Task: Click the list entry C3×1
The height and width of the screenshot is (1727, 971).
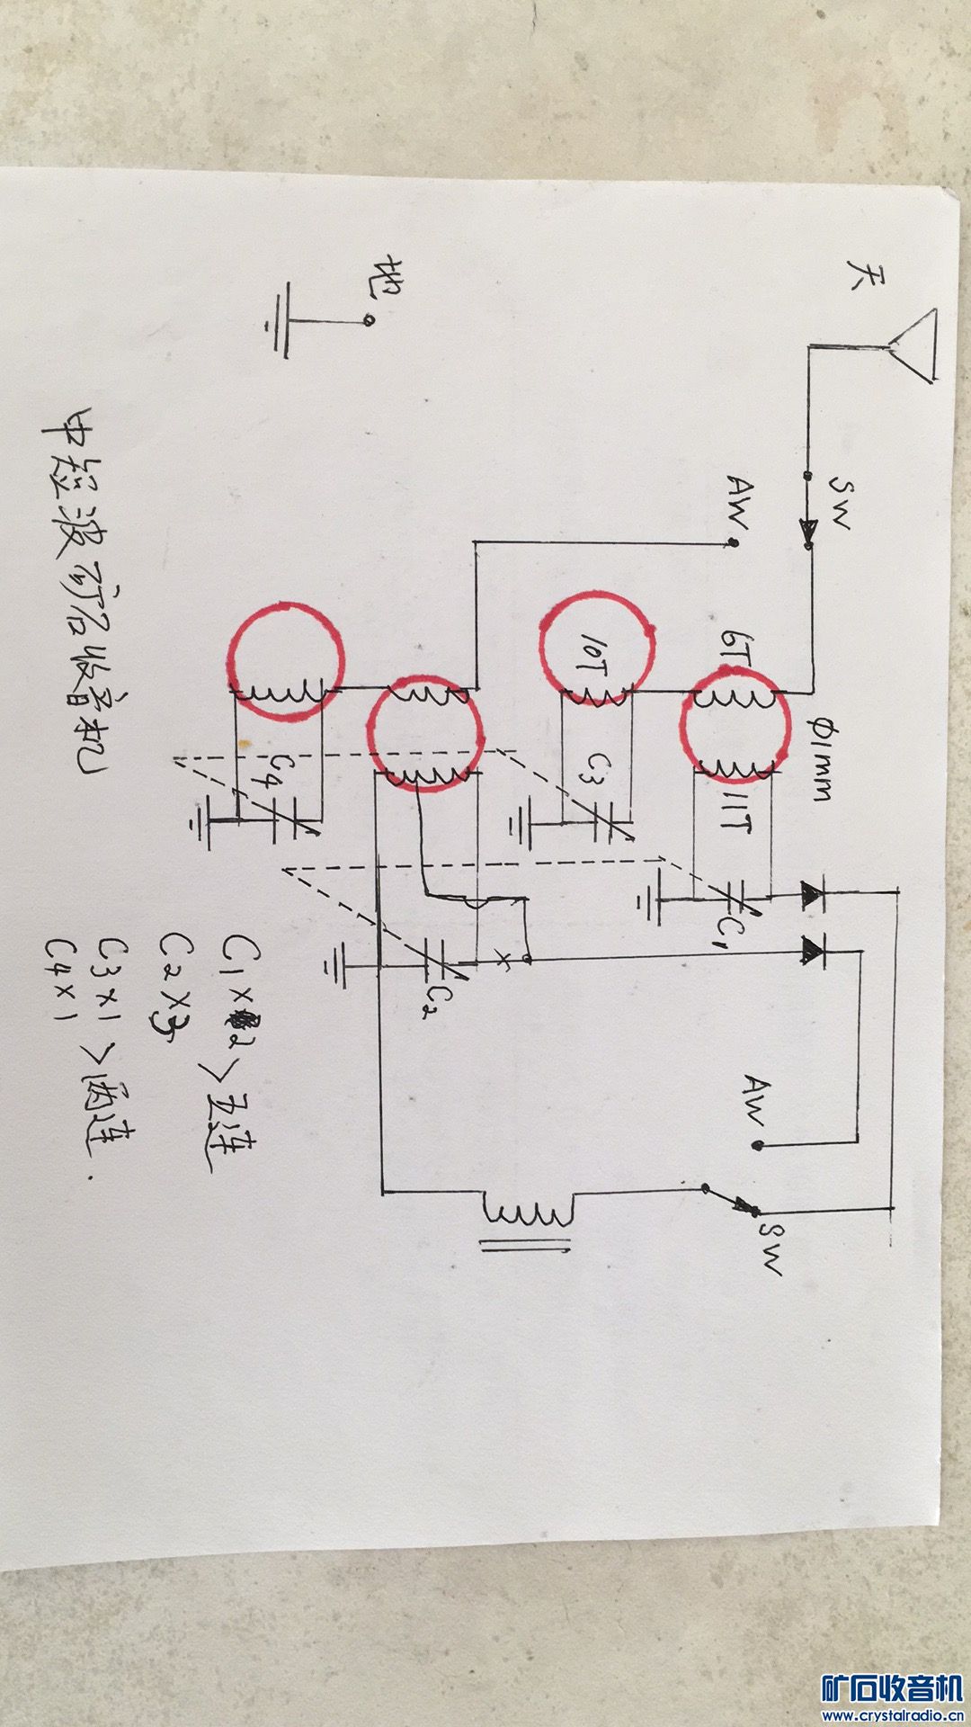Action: pos(114,975)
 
